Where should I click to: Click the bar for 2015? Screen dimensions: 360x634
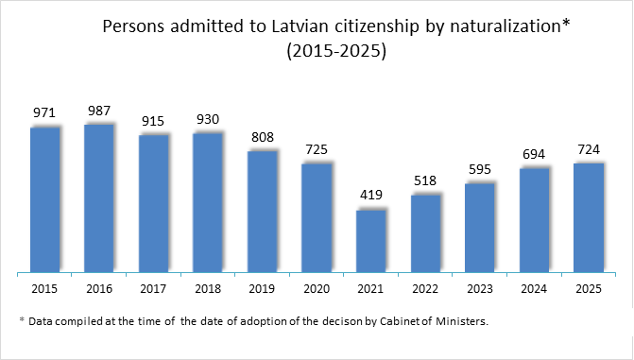click(x=44, y=200)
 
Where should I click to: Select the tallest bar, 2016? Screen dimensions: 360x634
click(x=98, y=198)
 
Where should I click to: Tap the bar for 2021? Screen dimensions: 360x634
click(x=370, y=242)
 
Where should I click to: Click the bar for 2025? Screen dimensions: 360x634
click(x=589, y=218)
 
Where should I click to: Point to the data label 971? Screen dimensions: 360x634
click(x=44, y=112)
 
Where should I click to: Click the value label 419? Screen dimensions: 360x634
click(x=370, y=196)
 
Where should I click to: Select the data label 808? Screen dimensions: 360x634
click(x=262, y=136)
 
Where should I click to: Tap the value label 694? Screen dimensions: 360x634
click(x=534, y=153)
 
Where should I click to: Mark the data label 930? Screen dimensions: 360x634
click(x=208, y=118)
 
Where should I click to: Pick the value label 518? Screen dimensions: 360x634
click(x=425, y=180)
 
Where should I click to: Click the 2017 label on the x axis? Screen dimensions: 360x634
click(x=153, y=287)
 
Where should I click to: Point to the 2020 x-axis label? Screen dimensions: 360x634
click(x=317, y=287)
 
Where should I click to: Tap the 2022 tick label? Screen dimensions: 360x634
click(x=425, y=287)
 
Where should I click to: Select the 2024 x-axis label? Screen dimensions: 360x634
click(x=534, y=287)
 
